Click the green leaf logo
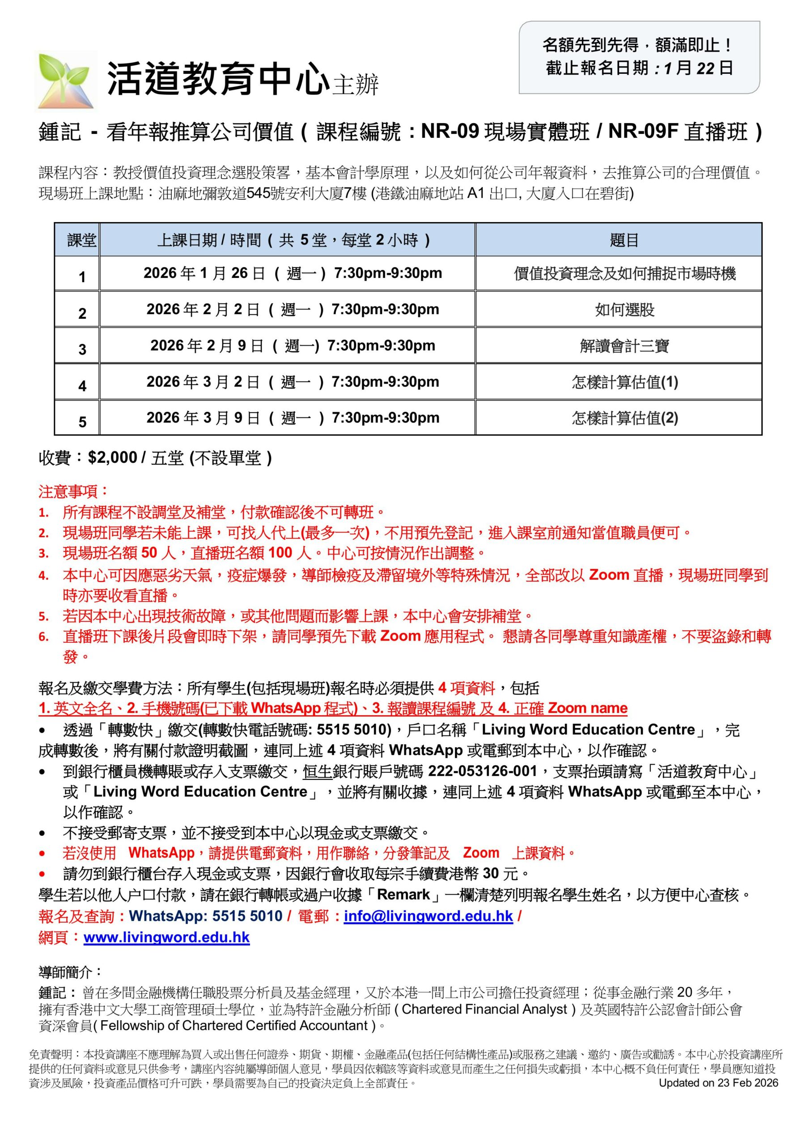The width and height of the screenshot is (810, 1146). click(x=67, y=81)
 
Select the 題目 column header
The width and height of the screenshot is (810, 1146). click(x=624, y=240)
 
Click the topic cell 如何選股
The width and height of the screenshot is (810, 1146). click(x=624, y=310)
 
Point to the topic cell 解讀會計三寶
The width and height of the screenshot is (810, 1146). click(x=624, y=346)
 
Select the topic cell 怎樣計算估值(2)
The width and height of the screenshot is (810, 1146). click(x=624, y=418)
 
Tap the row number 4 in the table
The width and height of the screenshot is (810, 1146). click(x=82, y=386)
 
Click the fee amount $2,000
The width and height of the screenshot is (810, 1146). click(x=112, y=458)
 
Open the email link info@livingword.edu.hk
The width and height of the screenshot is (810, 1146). click(x=428, y=916)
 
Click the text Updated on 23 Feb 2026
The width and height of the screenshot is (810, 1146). click(x=718, y=1082)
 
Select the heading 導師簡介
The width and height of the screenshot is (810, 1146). click(x=70, y=972)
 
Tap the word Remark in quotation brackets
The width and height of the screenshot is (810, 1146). click(x=403, y=894)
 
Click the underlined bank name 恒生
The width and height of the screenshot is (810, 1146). click(x=317, y=772)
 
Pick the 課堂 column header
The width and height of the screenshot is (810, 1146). click(x=82, y=240)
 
